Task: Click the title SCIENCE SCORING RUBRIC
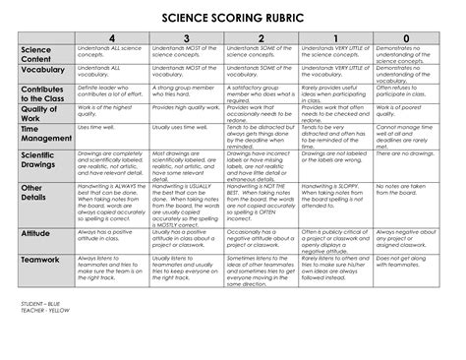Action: pos(233,19)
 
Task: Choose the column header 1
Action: pos(334,38)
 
